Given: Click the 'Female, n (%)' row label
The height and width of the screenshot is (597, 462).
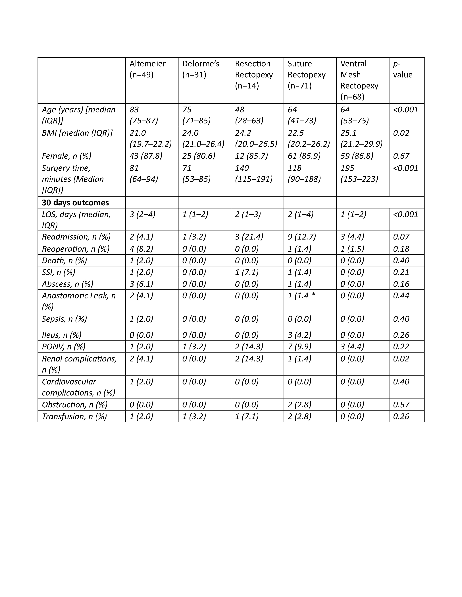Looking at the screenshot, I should [66, 156].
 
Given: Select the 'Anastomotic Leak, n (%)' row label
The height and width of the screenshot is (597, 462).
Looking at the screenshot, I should [79, 301].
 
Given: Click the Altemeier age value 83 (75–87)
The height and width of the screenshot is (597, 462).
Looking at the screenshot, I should [144, 115].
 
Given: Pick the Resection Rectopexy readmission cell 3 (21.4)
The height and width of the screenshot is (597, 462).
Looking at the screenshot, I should [249, 237].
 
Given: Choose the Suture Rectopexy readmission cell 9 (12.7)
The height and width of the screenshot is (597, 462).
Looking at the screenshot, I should [302, 237].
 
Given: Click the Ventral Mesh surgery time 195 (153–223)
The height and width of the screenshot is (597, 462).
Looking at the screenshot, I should [359, 173].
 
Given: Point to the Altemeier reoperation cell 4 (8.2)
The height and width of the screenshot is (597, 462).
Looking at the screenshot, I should [141, 249].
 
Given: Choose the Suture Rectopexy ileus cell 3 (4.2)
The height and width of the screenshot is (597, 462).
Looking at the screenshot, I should [299, 335].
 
